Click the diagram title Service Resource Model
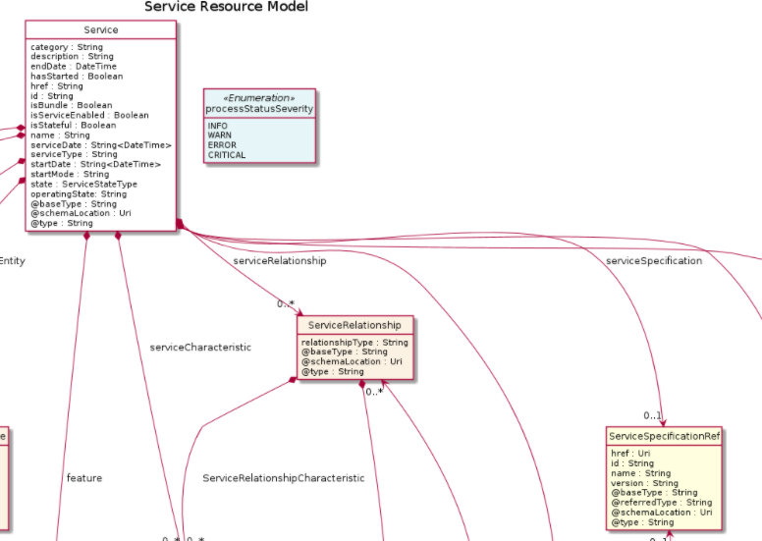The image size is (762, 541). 226,7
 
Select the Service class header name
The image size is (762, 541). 101,29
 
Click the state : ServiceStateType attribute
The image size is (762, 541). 83,185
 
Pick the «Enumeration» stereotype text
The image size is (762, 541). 259,97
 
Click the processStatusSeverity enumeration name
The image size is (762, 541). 259,108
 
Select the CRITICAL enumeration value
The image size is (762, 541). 227,155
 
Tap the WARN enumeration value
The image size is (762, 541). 220,135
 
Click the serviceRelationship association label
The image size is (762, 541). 280,262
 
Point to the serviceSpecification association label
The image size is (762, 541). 654,261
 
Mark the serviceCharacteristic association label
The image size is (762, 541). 200,348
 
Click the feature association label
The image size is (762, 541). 84,478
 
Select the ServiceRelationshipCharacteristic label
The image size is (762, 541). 284,478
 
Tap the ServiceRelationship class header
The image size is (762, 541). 354,325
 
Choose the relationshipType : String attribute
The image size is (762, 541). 354,343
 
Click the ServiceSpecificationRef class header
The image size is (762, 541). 665,436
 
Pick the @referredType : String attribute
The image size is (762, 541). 661,503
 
